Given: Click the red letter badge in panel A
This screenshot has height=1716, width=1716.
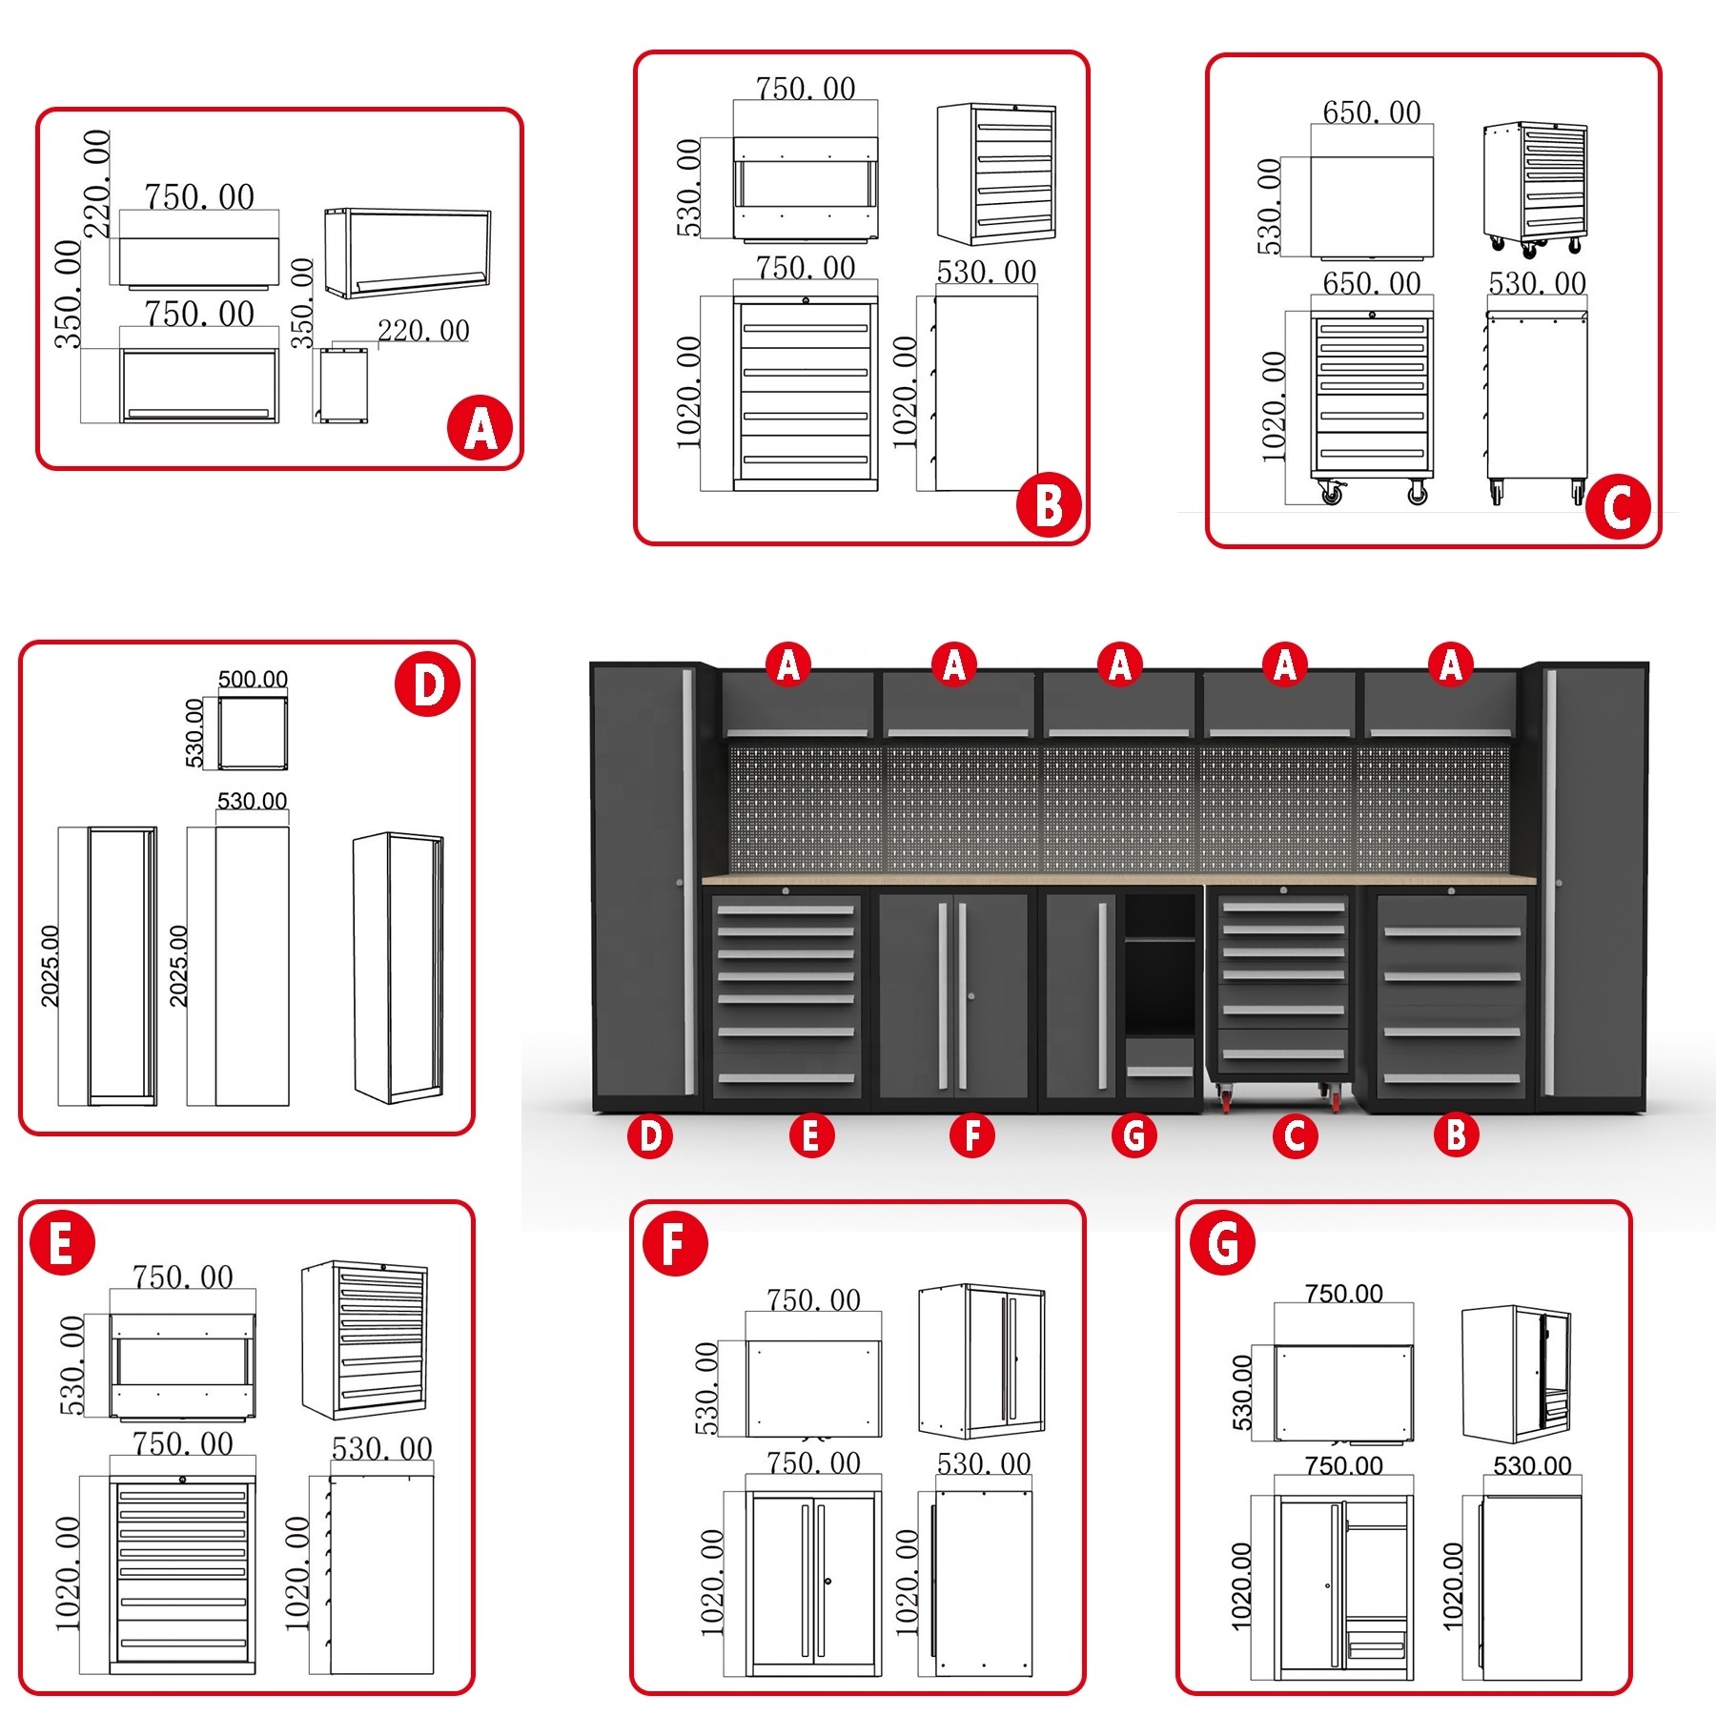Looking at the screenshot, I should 480,428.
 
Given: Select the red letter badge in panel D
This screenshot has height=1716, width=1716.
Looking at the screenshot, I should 427,685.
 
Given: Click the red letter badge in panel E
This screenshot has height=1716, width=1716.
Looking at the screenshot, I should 62,1243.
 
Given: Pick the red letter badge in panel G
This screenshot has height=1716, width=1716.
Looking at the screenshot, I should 1223,1243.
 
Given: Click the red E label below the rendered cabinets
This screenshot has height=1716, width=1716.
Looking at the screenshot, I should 811,1135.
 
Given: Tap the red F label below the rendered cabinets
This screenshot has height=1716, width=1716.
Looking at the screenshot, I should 972,1135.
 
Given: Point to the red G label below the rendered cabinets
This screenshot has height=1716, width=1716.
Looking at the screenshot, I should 1134,1135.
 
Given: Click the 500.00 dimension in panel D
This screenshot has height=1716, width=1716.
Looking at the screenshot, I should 253,679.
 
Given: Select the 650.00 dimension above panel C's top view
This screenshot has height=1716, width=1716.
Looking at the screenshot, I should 1371,112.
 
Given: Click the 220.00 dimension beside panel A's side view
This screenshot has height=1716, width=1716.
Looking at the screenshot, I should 423,331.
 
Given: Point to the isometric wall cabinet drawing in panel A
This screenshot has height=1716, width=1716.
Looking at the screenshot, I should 407,253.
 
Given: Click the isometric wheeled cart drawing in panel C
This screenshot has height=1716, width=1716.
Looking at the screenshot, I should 1535,189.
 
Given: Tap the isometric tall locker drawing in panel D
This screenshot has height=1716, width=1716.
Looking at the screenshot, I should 398,967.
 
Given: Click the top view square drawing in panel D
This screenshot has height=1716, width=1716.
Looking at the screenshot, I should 253,732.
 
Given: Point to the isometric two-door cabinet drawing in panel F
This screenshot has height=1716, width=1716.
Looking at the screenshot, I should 982,1360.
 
